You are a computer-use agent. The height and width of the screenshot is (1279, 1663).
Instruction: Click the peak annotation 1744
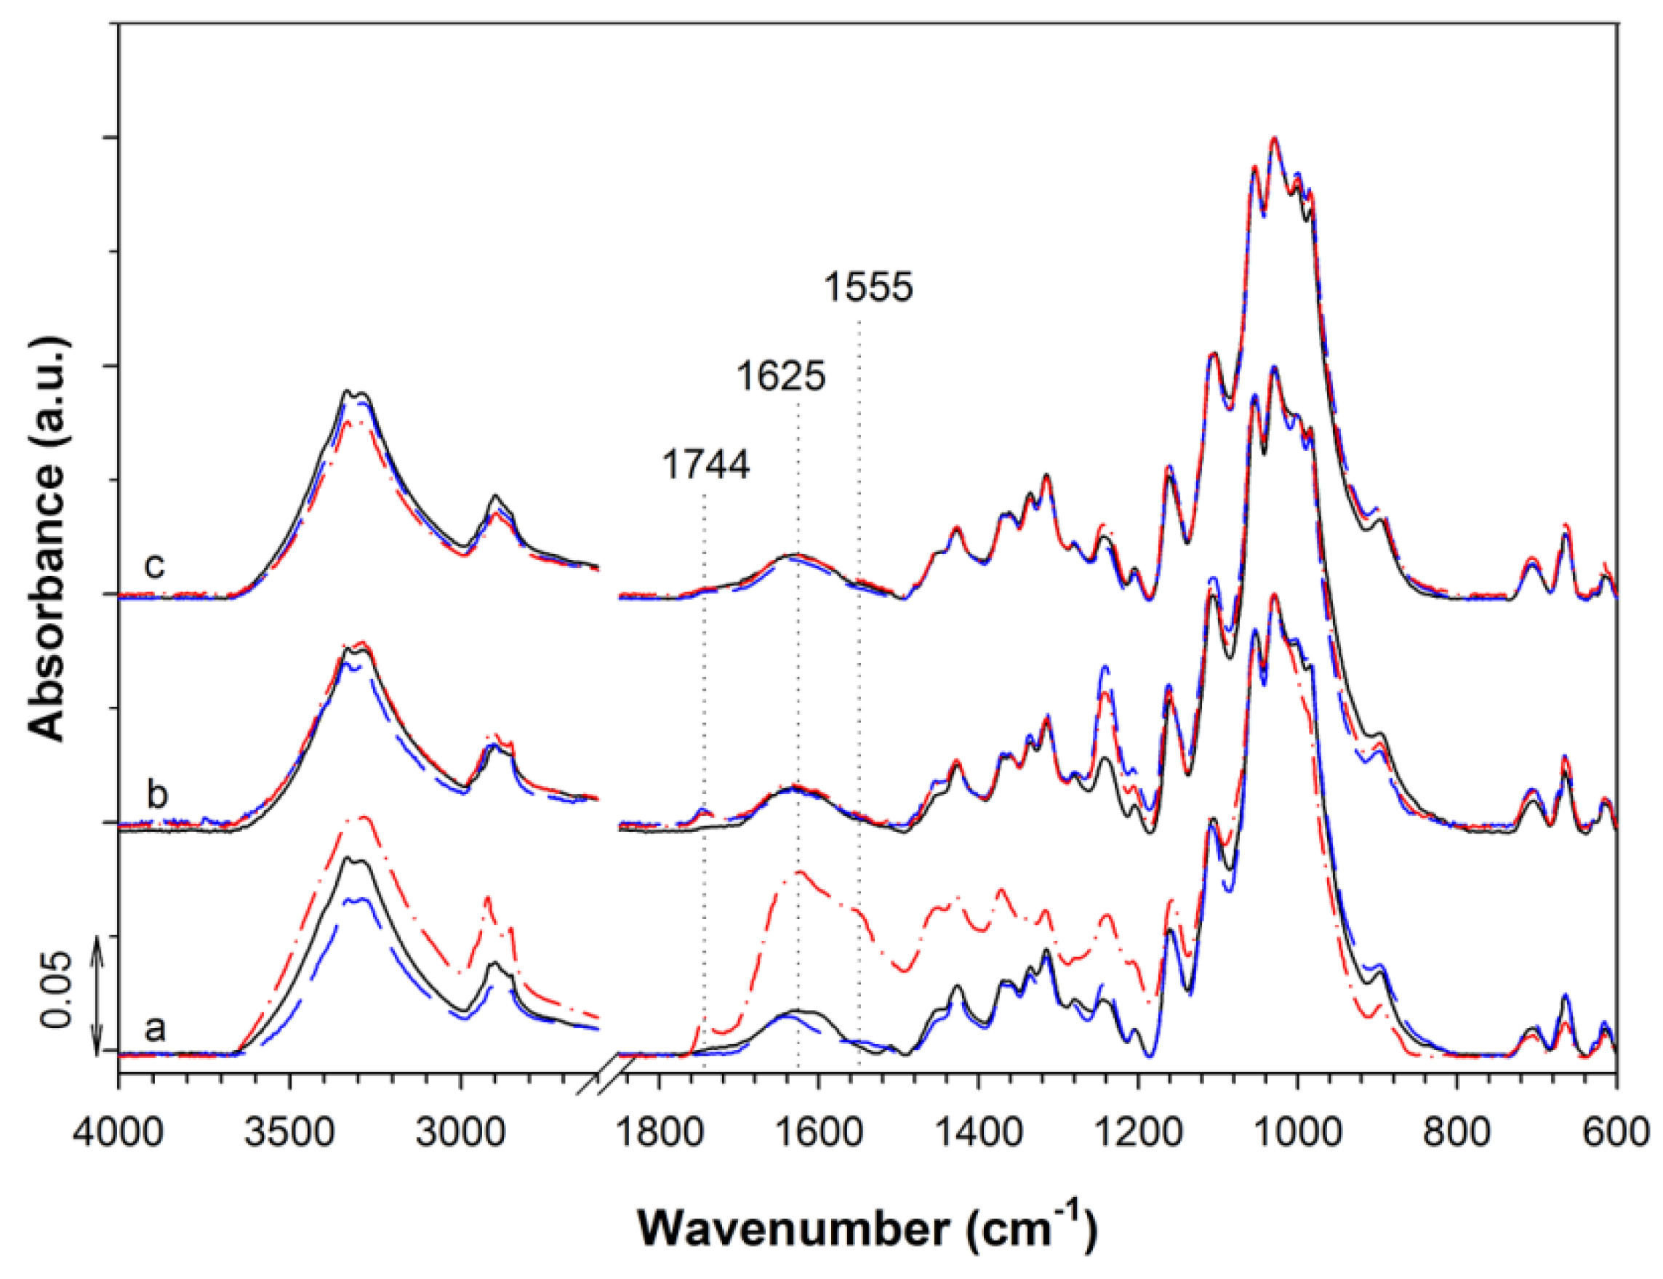coord(706,465)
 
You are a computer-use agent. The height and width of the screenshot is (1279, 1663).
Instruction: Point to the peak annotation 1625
coord(780,376)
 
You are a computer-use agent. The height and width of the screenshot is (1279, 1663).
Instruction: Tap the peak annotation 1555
coord(868,288)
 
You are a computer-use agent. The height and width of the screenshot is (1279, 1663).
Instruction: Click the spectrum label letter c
coord(156,566)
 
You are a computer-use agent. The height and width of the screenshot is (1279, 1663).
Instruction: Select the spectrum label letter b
coord(156,795)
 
